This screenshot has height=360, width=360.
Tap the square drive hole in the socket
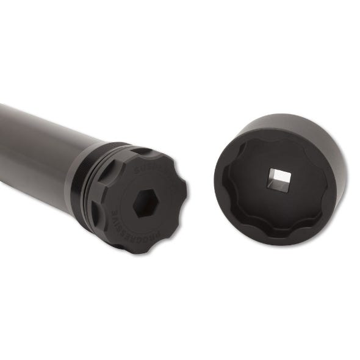[x=275, y=178]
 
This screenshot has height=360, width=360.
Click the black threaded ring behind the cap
[x=86, y=183]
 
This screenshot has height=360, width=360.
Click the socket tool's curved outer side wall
[x=323, y=153]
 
